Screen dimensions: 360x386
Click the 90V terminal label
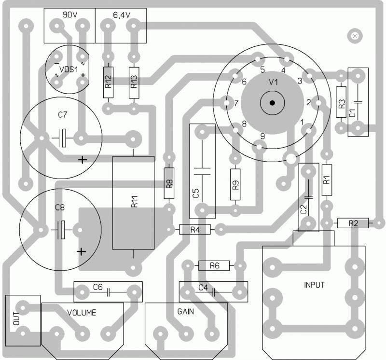pos(70,15)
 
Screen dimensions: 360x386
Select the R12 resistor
pos(108,82)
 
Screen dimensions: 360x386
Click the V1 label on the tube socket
pos(274,82)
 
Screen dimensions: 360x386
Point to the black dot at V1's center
pos(273,102)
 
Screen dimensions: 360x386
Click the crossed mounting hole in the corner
pos(356,35)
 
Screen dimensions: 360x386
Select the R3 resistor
pos(342,103)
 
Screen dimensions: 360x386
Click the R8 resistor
pos(169,183)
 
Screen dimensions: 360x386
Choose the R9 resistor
pos(235,184)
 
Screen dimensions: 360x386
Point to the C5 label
pos(195,194)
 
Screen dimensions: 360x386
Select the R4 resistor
pos(195,229)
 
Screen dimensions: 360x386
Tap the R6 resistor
pos(214,265)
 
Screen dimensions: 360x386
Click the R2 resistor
pos(353,223)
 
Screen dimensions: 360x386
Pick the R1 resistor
pos(327,180)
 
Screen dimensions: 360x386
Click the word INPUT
pos(314,285)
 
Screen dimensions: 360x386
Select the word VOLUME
pos(82,312)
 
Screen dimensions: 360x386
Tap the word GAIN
pos(185,311)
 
